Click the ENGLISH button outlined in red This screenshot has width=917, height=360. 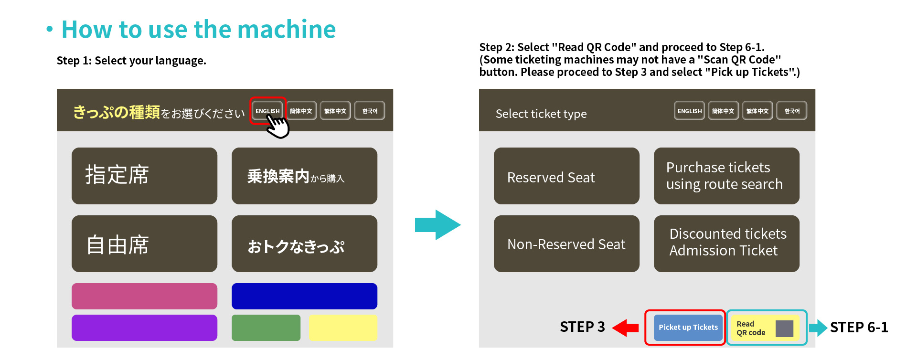[267, 110]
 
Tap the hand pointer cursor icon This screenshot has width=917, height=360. [278, 127]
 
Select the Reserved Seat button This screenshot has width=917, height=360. [566, 176]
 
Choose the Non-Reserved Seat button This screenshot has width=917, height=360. [566, 244]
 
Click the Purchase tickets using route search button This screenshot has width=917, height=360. [726, 176]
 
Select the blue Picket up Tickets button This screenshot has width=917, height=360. [688, 328]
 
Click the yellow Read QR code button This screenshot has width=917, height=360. [765, 328]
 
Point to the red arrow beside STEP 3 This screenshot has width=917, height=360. [626, 328]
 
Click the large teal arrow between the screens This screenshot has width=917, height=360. [437, 225]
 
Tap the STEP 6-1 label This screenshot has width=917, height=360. [859, 328]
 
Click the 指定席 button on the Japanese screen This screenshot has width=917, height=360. [144, 176]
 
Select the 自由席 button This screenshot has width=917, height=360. [144, 244]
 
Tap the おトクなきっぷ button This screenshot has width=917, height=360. [304, 244]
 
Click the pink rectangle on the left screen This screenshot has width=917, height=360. [144, 296]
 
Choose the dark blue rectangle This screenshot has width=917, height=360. [304, 296]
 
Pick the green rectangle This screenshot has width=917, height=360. [266, 328]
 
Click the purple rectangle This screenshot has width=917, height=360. [144, 328]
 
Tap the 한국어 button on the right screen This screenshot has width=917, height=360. [791, 111]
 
